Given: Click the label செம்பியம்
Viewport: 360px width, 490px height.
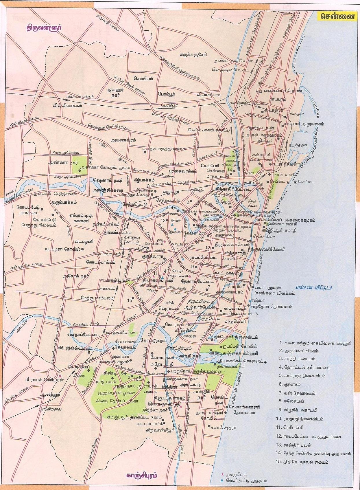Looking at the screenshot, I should [x=144, y=78].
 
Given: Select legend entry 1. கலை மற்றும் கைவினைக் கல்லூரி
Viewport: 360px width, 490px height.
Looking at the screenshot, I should [x=315, y=343].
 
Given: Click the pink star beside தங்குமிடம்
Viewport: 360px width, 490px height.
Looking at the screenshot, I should [x=222, y=474].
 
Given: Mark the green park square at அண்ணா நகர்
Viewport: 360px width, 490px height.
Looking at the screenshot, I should [x=79, y=164].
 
